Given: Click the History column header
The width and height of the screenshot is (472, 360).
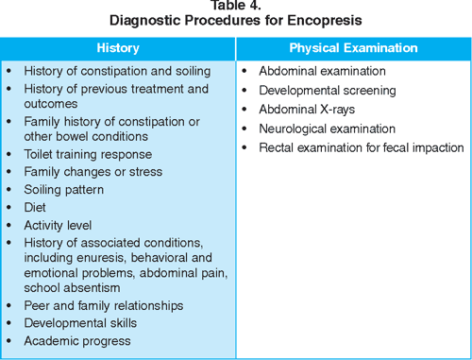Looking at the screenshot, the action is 118,48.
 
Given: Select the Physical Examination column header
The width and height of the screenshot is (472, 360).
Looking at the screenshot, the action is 353,48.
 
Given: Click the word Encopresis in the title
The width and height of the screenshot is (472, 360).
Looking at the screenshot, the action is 325,21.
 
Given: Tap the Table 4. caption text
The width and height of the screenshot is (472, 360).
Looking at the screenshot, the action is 236,6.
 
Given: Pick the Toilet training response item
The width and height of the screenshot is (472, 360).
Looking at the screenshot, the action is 88,155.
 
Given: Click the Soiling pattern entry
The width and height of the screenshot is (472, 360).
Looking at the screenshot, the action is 64,190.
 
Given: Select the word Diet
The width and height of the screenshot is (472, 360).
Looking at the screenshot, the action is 35,208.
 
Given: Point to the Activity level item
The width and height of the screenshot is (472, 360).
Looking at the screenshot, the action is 58,226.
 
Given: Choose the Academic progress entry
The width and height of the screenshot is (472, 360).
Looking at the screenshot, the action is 77,341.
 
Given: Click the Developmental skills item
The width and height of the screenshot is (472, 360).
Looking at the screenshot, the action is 80,323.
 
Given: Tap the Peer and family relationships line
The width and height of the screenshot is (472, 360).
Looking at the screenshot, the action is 104,306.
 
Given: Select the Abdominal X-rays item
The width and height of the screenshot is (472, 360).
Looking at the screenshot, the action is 307,110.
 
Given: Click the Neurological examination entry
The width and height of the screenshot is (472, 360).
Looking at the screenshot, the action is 328,129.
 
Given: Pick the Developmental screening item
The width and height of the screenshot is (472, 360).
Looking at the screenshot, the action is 328,91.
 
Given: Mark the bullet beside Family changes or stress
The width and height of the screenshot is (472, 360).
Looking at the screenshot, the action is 8,172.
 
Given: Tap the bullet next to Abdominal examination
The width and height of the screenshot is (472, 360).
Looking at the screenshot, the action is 244,71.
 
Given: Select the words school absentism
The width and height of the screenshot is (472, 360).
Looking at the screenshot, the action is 72,288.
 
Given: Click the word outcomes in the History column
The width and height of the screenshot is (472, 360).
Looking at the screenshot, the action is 51,104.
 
